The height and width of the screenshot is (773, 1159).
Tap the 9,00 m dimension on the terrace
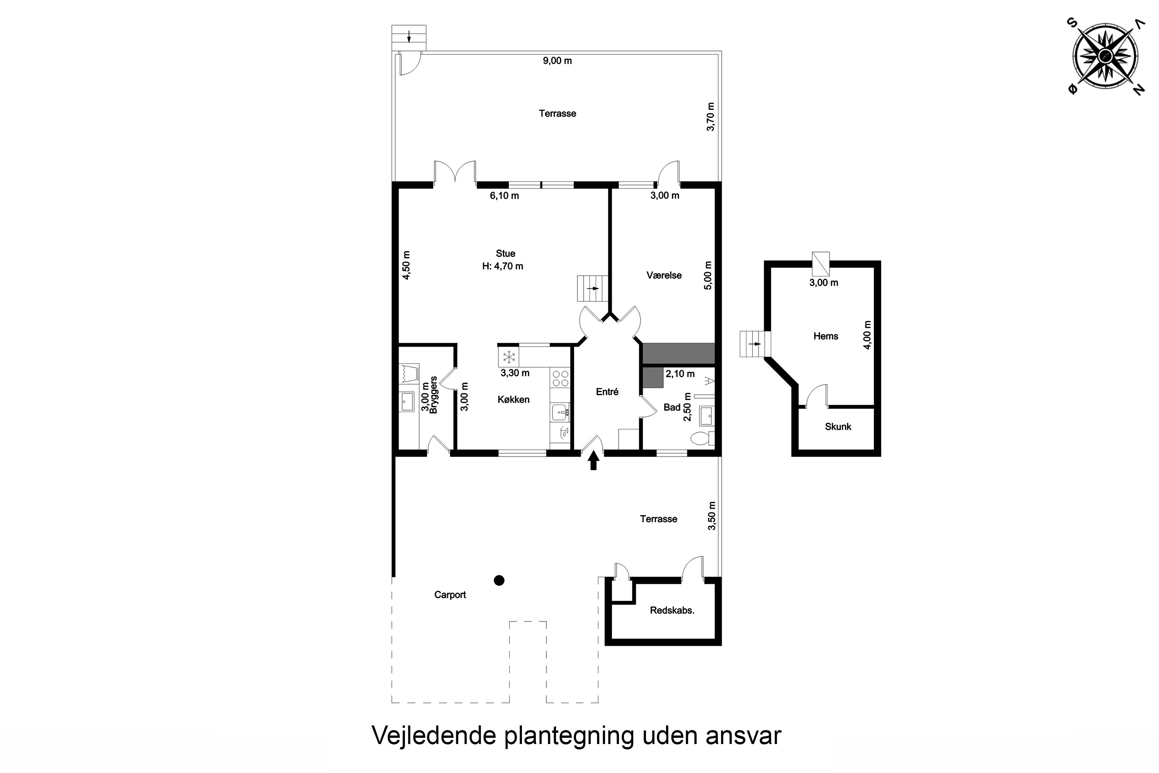click(557, 61)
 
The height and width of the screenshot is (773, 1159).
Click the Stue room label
click(506, 254)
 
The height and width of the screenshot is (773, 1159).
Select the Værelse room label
click(664, 276)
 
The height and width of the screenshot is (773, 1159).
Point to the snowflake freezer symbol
click(508, 357)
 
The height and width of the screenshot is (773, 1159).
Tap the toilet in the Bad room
click(699, 438)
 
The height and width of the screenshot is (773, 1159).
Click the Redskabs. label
click(672, 610)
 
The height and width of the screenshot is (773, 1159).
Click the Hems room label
click(825, 336)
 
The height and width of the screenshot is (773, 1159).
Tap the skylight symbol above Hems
click(821, 264)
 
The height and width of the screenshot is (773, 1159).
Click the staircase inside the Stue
click(593, 288)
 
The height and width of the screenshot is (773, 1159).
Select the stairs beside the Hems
click(755, 344)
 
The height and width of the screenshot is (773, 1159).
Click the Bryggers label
click(433, 395)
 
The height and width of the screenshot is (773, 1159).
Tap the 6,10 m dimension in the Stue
click(504, 196)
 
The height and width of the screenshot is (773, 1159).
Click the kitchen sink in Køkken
click(560, 412)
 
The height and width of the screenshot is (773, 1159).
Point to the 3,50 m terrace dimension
click(712, 516)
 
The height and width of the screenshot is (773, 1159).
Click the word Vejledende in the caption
click(433, 736)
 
